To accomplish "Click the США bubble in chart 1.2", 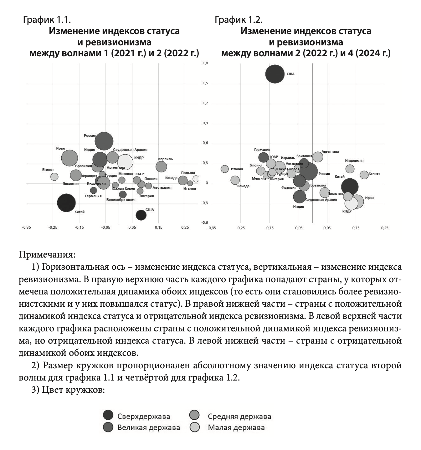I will [275, 74].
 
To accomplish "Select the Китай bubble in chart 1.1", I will [66, 203].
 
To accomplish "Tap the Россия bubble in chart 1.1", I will [104, 141].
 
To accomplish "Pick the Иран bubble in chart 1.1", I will [69, 158].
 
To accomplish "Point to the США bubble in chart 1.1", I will [141, 215].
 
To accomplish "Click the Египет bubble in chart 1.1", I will [54, 176].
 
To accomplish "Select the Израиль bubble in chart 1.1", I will [161, 166].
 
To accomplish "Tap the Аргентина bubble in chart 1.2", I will [318, 156].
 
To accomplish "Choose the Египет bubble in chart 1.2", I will [364, 175].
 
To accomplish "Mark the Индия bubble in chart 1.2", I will [300, 197].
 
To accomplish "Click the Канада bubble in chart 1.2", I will [235, 180].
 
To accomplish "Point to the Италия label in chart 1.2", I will [237, 169].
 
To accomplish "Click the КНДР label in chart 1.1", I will [139, 158].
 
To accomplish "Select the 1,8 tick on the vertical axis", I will [205, 63].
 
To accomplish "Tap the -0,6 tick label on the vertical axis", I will [205, 222].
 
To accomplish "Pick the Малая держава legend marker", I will [195, 427].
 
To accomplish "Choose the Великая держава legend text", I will [149, 427].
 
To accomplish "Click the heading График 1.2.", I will [238, 20].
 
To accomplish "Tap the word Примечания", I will [47, 254].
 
